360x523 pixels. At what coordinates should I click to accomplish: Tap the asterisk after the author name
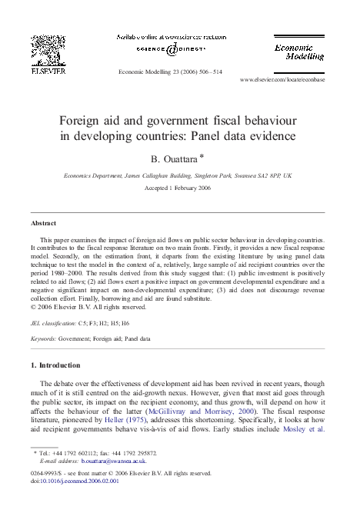pyautogui.click(x=202, y=156)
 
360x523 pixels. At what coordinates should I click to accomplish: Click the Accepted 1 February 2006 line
pyautogui.click(x=180, y=186)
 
